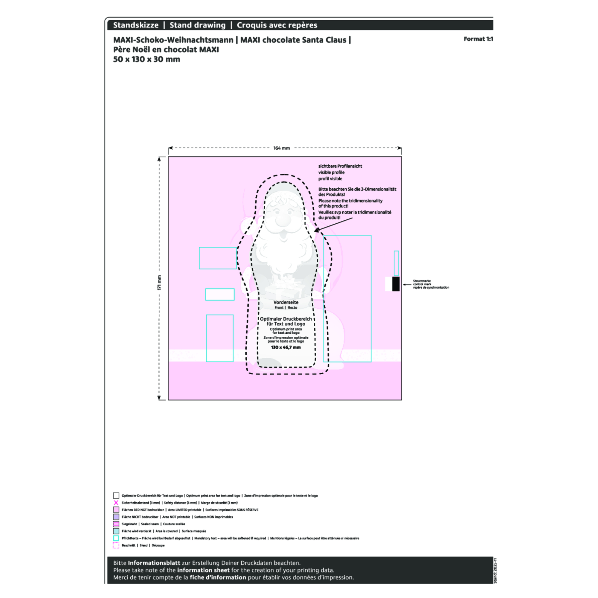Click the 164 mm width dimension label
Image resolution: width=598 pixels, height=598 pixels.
[x=281, y=148]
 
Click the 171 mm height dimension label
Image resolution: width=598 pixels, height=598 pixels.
[x=159, y=283]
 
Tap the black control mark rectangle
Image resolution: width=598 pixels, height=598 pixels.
[x=396, y=284]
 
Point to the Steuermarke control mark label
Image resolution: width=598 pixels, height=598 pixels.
[x=431, y=284]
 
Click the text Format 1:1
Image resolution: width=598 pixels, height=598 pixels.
[x=478, y=39]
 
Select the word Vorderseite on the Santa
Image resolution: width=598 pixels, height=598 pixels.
[x=286, y=302]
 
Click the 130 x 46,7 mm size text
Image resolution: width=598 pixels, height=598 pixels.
[x=286, y=347]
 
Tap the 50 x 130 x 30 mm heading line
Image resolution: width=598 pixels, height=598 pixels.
[x=147, y=59]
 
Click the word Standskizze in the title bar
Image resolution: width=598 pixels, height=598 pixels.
[x=135, y=25]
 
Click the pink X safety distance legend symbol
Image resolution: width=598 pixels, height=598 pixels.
[x=116, y=503]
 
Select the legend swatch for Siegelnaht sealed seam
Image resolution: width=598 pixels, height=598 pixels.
[x=116, y=524]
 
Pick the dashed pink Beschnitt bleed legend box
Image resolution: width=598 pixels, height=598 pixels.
[x=116, y=545]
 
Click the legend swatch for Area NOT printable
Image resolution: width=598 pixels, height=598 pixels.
[x=116, y=517]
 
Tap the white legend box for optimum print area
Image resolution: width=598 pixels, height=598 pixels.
[x=116, y=495]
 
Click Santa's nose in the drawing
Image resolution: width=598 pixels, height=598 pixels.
[x=283, y=221]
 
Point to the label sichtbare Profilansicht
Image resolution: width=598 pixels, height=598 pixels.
[x=340, y=166]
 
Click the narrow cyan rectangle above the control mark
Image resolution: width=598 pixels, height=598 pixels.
[x=396, y=263]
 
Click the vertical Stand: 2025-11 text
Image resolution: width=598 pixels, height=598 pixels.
[x=495, y=575]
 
